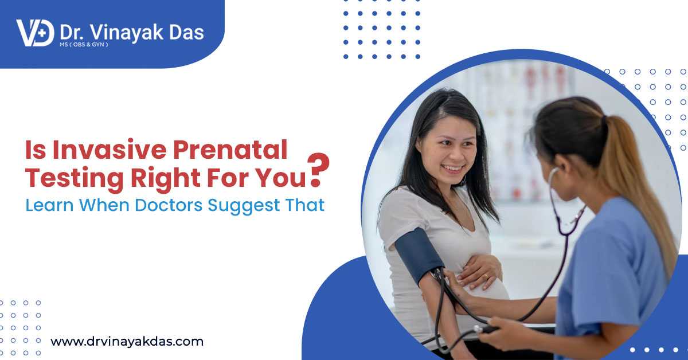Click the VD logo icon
[36, 33]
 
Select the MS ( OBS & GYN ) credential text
[84, 45]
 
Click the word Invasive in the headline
[110, 150]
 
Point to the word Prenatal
[230, 150]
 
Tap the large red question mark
[318, 170]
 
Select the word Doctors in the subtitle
[169, 205]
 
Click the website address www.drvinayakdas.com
[127, 342]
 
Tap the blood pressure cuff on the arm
[419, 256]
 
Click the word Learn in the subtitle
[49, 205]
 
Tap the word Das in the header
[186, 33]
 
